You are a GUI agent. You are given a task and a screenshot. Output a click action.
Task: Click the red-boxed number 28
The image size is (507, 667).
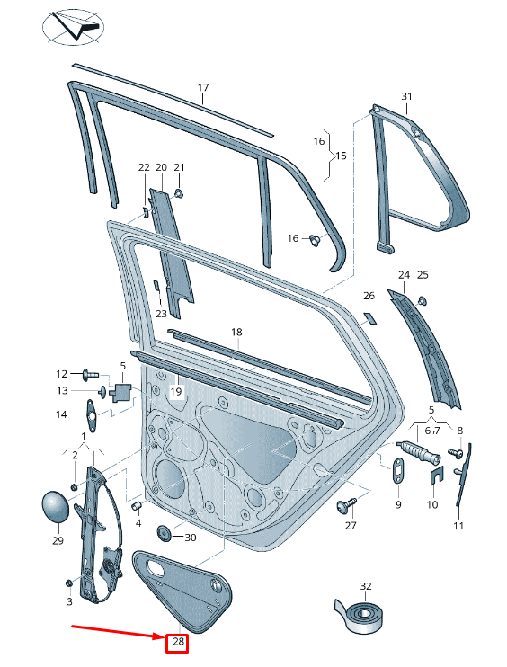[177, 641]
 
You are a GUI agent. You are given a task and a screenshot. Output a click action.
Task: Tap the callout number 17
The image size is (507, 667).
[203, 87]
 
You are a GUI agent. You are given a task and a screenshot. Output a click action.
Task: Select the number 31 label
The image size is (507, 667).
[406, 96]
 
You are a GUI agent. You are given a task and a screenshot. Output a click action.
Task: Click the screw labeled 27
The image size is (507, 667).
[346, 505]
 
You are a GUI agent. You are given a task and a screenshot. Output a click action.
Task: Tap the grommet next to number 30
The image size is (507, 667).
[164, 533]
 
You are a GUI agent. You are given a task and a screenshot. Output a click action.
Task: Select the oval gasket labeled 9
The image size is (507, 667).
[398, 470]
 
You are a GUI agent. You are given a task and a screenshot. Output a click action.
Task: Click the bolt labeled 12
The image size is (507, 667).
[90, 375]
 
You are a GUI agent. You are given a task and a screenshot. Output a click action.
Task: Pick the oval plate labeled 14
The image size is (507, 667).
[91, 414]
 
